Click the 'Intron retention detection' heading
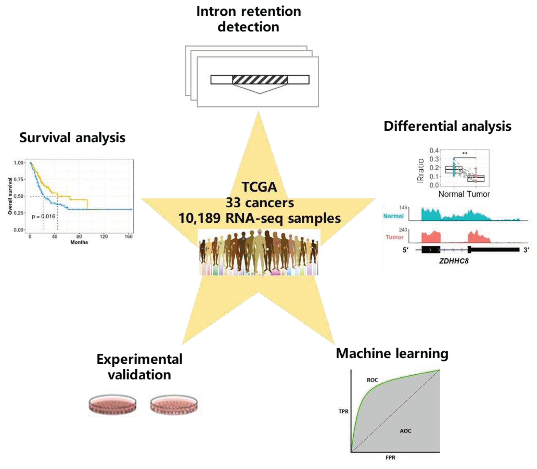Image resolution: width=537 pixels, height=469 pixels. (248, 19)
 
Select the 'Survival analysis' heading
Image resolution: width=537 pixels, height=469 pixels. (72, 138)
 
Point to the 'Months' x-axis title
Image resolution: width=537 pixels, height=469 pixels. (79, 242)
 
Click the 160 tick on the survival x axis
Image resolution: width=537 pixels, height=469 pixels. (128, 237)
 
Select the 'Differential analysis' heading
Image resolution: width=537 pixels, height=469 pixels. (447, 126)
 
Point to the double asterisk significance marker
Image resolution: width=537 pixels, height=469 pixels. (465, 153)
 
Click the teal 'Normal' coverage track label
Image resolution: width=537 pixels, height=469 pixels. (393, 216)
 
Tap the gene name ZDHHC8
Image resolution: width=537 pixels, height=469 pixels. (454, 261)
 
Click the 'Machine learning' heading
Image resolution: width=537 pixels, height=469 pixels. (392, 354)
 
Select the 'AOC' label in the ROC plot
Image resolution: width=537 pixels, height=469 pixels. (405, 431)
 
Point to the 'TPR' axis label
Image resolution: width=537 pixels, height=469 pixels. (343, 411)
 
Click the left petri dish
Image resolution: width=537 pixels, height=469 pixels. (113, 404)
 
